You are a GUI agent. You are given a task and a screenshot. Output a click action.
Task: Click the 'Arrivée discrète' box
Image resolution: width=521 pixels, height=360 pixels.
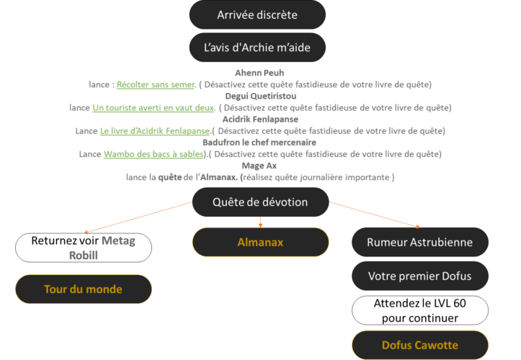257,15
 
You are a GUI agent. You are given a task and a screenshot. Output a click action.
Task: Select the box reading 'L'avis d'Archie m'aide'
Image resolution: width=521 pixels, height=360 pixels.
257,48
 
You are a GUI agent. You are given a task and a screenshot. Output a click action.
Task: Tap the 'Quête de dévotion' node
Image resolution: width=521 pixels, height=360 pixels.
260,202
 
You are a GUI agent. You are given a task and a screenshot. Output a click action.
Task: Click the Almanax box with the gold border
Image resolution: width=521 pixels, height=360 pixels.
260,242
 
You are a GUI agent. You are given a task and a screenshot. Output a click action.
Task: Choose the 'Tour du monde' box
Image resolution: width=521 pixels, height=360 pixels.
83,289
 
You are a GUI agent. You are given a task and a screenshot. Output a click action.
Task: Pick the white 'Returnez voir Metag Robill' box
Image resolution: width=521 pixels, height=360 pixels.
83,247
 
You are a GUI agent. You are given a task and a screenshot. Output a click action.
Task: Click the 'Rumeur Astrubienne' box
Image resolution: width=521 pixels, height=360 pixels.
420,242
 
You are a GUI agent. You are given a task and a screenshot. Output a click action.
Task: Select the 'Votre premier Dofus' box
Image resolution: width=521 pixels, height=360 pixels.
420,276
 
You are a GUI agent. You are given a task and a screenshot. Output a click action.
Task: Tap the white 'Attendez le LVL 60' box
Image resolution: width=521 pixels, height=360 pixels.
420,310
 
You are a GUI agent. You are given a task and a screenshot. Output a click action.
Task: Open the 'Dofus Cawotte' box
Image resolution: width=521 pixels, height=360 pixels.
420,345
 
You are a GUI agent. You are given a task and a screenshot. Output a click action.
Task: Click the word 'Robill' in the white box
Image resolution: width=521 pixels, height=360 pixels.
84,254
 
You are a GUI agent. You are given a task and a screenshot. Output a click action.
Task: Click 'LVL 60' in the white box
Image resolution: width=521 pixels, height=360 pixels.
449,303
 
